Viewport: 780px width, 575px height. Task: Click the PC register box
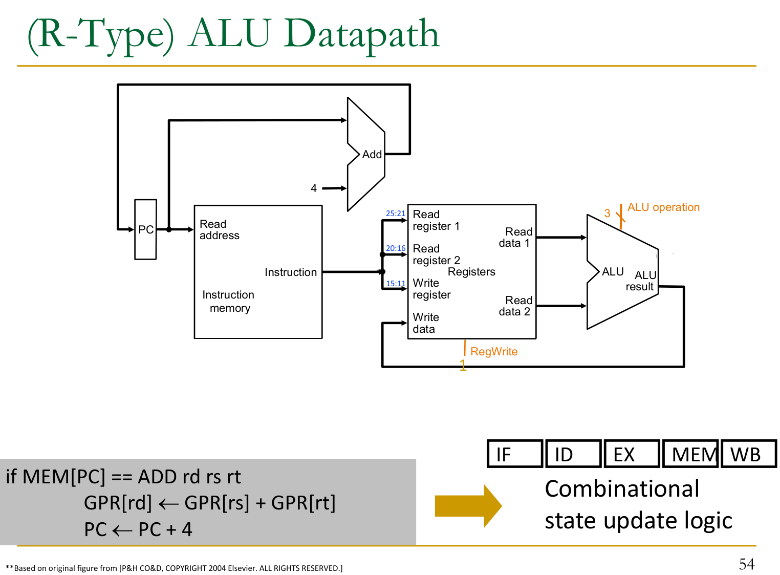tap(145, 229)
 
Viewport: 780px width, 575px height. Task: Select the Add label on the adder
tap(372, 154)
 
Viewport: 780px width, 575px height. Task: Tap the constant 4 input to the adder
tap(314, 188)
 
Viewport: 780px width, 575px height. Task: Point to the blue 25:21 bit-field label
tap(396, 214)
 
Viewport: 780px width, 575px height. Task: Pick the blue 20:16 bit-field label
tap(396, 248)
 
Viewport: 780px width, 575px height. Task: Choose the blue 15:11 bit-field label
tap(396, 284)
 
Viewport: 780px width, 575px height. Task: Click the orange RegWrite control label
tap(494, 352)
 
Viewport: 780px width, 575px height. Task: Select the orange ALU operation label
tap(663, 207)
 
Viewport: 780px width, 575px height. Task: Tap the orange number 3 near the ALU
tap(607, 214)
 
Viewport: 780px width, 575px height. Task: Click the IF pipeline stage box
tap(515, 454)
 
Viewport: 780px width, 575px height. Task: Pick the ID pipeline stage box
tap(573, 454)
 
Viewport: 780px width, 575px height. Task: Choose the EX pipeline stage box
tap(632, 454)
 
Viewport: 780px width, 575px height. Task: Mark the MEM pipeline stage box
tap(691, 454)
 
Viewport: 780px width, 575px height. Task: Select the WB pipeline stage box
tap(748, 454)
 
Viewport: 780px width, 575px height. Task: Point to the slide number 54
tap(747, 564)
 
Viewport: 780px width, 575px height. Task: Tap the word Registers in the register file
tap(471, 272)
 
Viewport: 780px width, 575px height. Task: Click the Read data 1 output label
tap(515, 238)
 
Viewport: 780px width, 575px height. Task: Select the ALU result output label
tap(641, 281)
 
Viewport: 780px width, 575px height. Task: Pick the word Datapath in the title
tap(362, 34)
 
